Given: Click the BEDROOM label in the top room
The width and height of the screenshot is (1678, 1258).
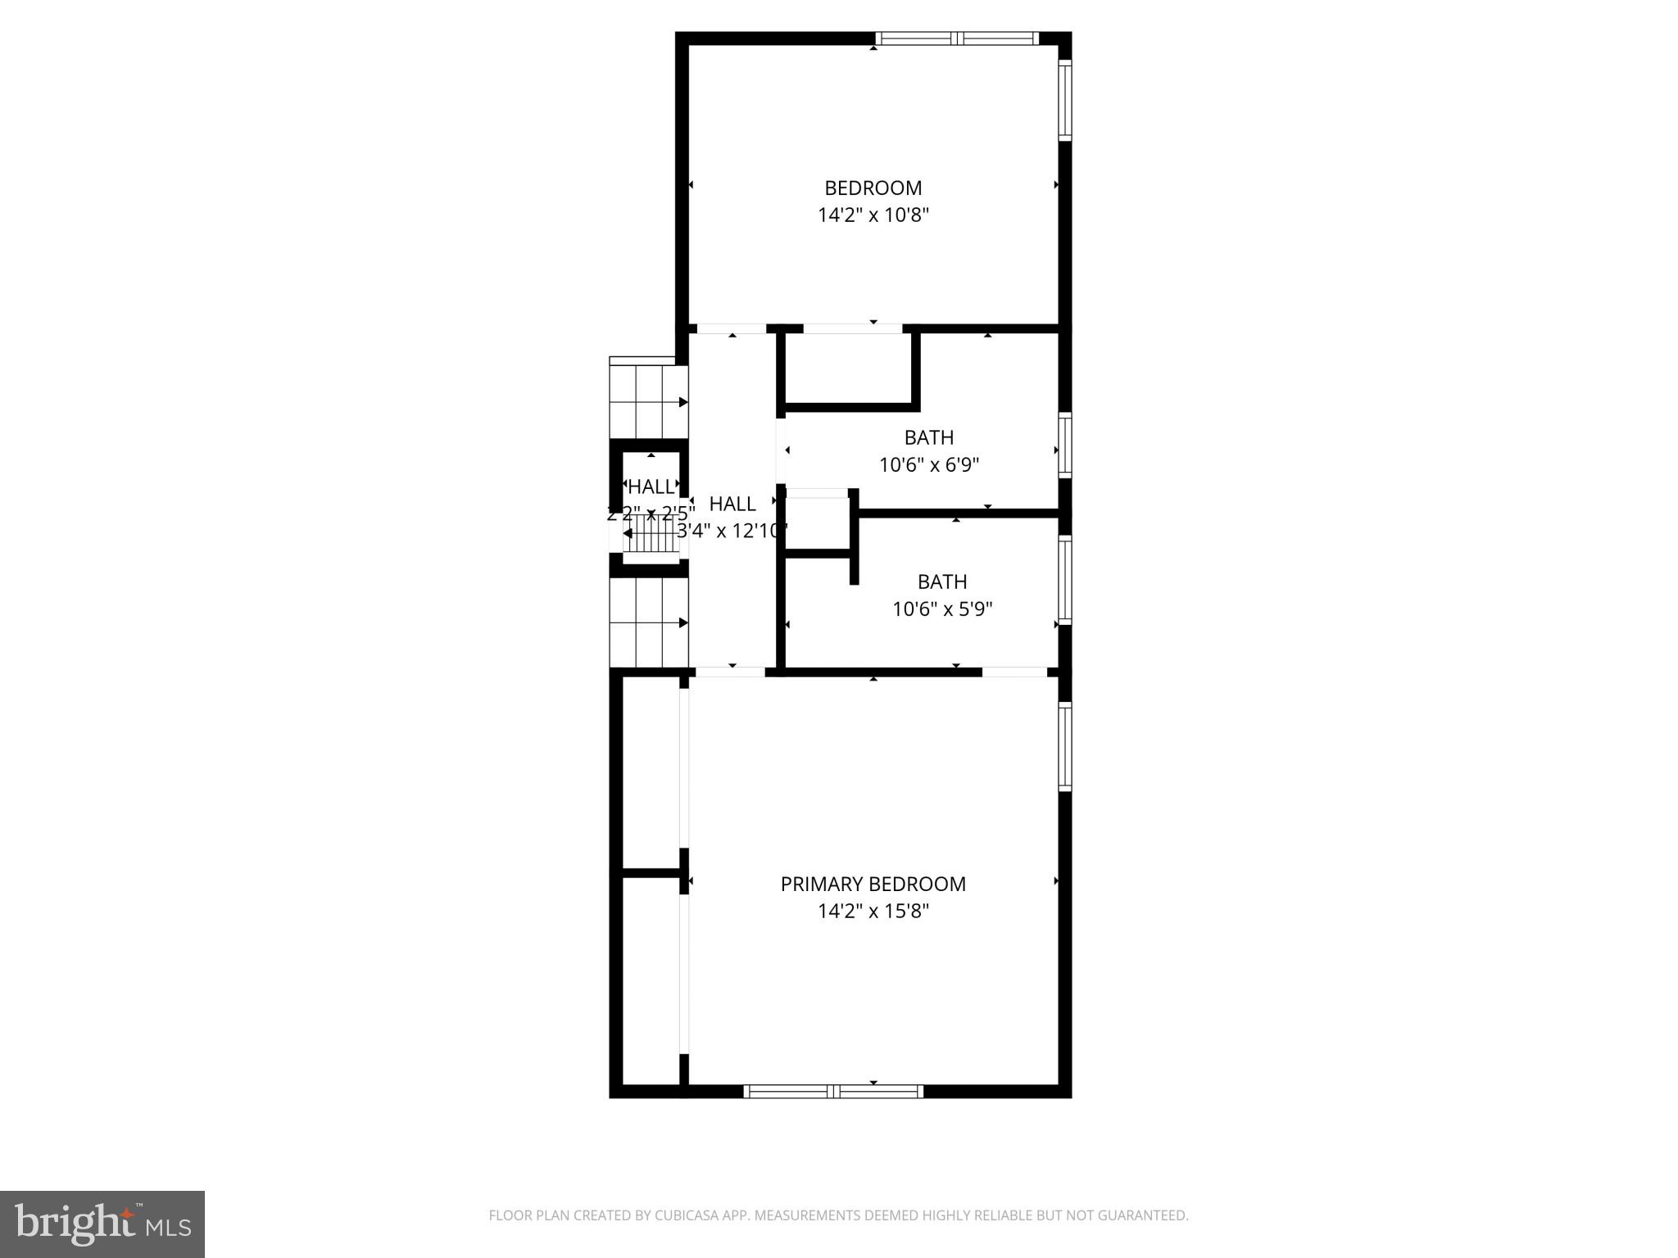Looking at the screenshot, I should (873, 188).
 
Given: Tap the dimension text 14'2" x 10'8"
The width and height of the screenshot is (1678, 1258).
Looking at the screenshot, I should (873, 215).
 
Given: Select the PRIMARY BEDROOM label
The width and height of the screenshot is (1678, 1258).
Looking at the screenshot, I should (873, 884).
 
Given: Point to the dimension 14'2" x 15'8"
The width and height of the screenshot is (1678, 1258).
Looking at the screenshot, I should (873, 911).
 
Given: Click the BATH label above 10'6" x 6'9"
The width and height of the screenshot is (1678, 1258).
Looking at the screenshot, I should (928, 437).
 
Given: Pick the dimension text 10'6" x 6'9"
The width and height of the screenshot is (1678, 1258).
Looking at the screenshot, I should (928, 465).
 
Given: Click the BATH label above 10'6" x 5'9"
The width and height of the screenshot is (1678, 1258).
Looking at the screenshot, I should (941, 581).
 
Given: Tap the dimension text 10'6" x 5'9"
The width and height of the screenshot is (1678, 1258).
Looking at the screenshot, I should (941, 609).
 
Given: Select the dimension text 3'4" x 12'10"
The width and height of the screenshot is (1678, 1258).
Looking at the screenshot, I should (732, 531).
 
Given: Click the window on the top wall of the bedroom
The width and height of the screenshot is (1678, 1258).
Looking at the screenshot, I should (956, 38).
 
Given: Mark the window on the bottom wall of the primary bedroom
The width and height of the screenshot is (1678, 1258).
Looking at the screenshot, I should (833, 1091).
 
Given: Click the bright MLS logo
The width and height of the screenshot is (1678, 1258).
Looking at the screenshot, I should (102, 1224).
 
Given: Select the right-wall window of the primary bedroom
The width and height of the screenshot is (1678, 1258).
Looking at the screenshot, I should (1064, 745).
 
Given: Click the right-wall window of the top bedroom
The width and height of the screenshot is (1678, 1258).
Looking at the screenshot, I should (1064, 100).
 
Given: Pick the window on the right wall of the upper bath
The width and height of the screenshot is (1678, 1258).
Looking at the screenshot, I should (1064, 446).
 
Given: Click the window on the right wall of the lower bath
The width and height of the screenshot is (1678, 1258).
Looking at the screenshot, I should (1064, 580).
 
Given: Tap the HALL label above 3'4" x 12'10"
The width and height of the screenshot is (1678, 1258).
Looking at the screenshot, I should (732, 504).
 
